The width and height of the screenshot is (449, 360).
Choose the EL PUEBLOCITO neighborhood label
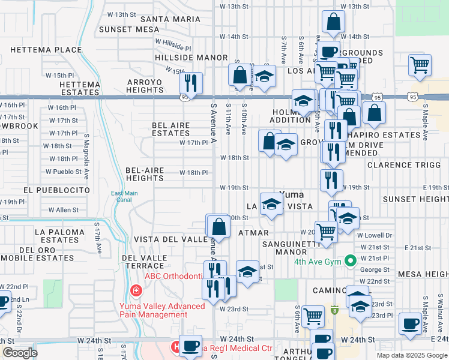coord(56,190)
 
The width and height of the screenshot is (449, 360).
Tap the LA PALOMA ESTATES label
coord(57,235)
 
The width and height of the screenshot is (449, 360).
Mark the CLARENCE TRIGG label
coord(403,164)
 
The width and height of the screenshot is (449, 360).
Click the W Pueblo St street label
coord(64,172)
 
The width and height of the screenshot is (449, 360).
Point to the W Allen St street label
coord(64,210)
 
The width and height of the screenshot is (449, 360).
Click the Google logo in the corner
coord(19,353)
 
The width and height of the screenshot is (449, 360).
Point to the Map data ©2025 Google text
coord(412,355)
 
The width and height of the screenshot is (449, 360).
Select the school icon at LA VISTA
coord(271,204)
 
